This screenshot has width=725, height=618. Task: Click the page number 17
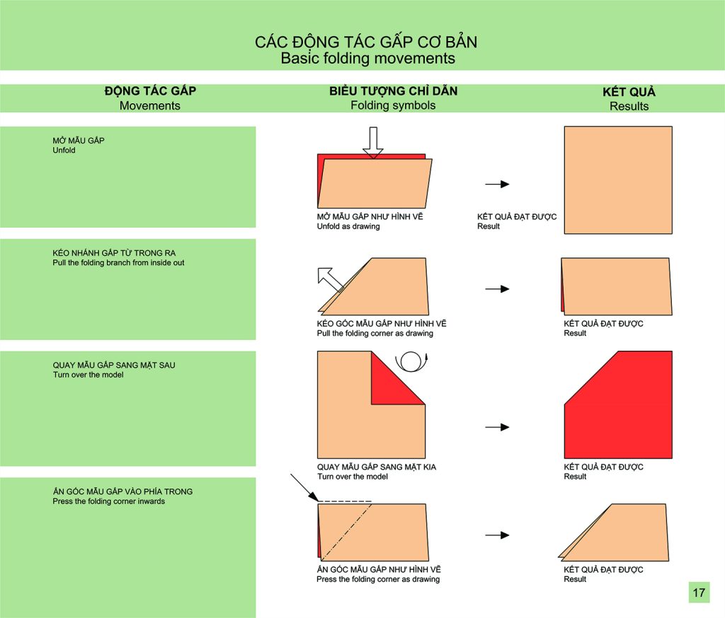pos(699,593)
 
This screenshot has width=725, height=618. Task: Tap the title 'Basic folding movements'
pos(367,58)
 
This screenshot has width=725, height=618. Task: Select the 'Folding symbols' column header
pos(392,105)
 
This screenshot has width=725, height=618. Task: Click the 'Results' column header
pos(629,106)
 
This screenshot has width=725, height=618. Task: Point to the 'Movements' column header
pos(150,106)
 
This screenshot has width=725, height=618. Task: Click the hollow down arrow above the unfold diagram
pos(372,143)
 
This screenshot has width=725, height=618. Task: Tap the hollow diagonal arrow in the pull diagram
pos(330,279)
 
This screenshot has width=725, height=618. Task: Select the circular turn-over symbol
pos(411,361)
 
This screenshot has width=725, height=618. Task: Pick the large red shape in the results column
pos(618,404)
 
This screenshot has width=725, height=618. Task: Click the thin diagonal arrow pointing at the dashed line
pos(304,487)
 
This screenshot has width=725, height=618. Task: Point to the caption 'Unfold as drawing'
pos(348,226)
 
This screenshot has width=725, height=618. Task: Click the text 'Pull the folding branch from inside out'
pos(118,263)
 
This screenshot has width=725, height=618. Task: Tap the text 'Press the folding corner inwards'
pos(108,501)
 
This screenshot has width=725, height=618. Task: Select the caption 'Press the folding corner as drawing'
pos(378,579)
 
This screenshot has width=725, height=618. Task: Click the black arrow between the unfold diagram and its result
pos(497,184)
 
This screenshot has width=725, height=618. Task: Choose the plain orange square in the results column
pos(618,180)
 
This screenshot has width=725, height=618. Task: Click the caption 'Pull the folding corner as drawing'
pos(375,334)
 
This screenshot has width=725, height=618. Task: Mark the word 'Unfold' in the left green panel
pos(64,150)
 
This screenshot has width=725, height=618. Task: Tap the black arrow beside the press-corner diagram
pos(497,535)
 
